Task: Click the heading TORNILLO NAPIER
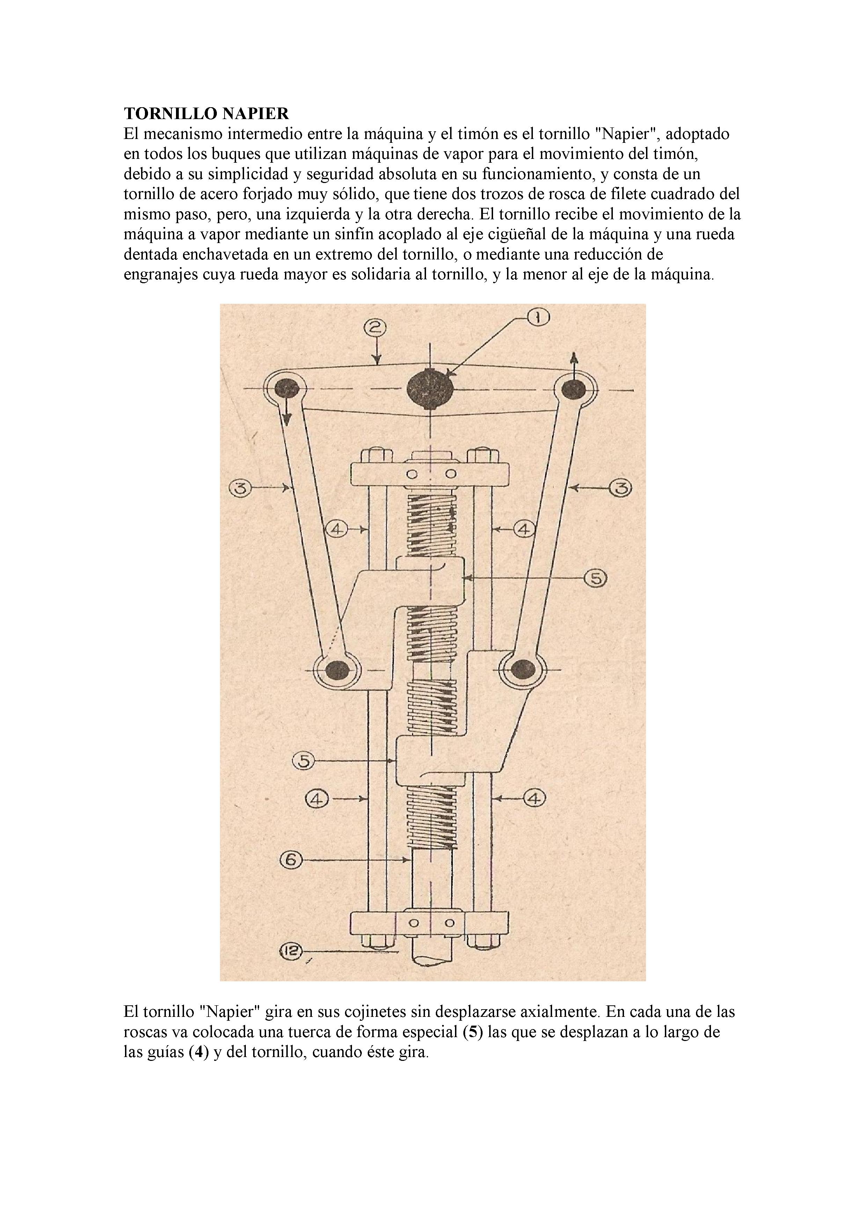click(206, 113)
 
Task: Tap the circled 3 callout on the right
click(621, 487)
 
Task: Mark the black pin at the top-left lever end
click(287, 388)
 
